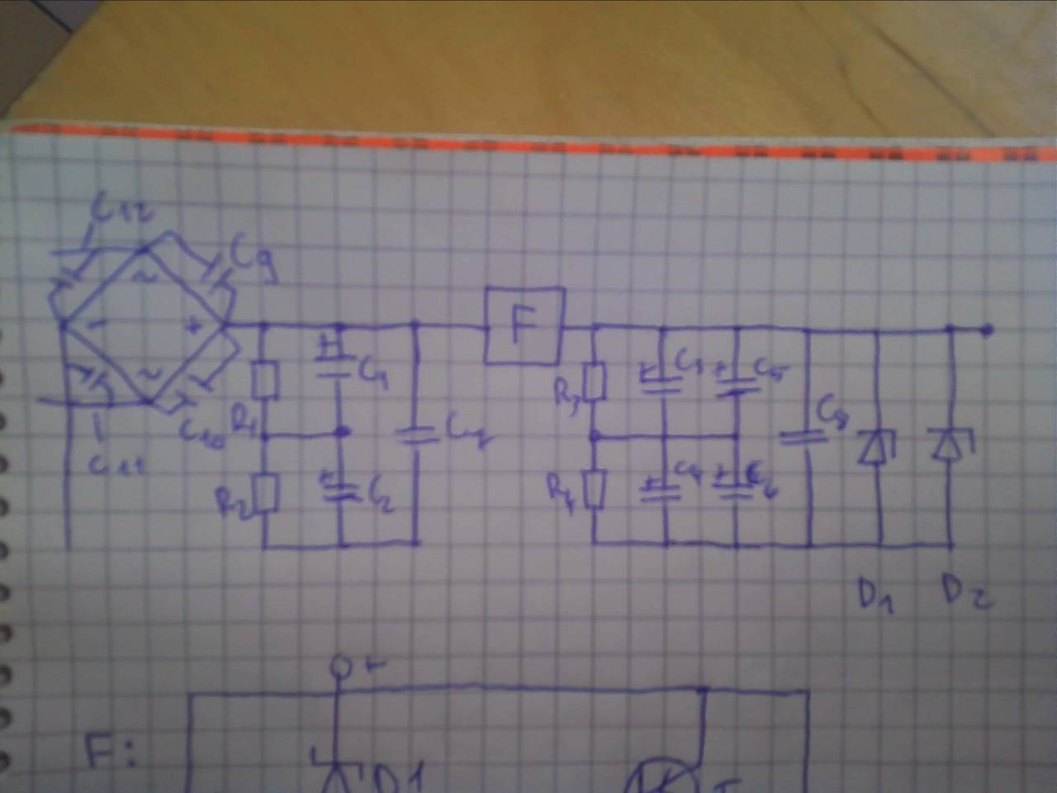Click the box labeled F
(x=524, y=326)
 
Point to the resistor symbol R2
(x=266, y=494)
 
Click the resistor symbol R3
(x=596, y=382)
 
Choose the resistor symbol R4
(x=596, y=489)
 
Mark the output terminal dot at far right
(x=986, y=330)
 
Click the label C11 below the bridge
(x=117, y=469)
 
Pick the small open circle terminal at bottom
(x=338, y=665)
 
